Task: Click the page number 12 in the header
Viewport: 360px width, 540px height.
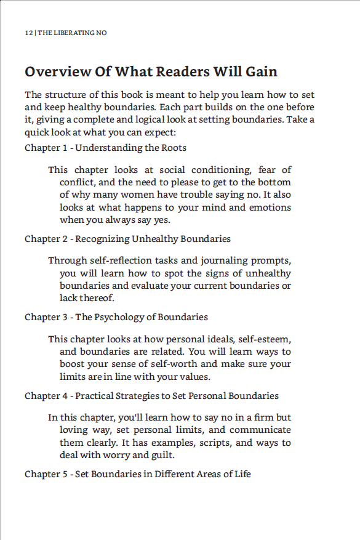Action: click(x=28, y=33)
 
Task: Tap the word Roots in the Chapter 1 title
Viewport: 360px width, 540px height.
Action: click(x=174, y=148)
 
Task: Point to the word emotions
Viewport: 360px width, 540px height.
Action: click(x=270, y=207)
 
